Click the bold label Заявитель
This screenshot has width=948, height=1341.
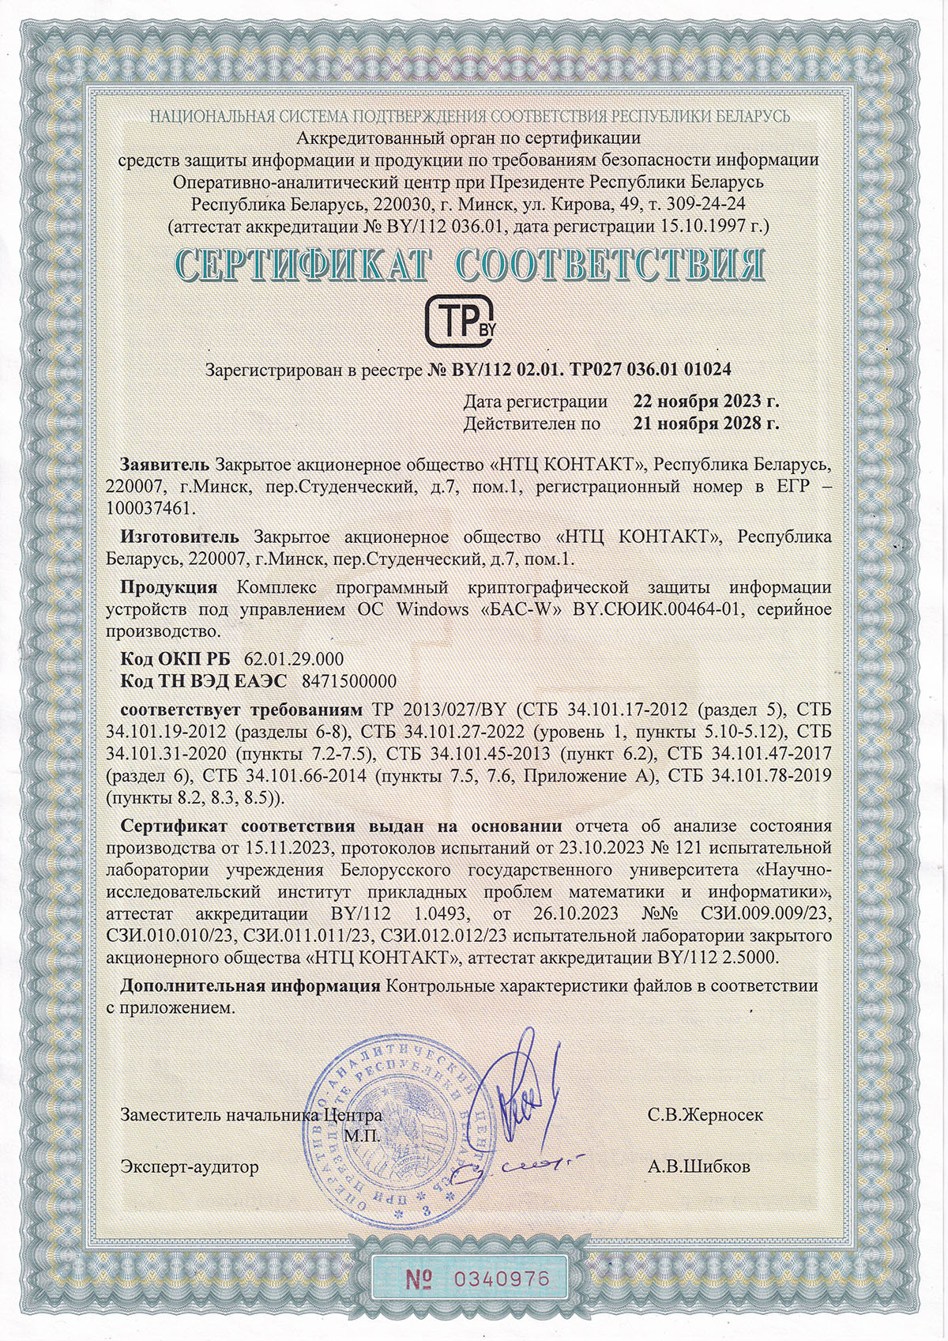click(164, 462)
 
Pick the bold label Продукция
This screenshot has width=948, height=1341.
click(169, 587)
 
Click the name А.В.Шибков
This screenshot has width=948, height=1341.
click(699, 1166)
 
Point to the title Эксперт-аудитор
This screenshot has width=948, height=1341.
click(189, 1166)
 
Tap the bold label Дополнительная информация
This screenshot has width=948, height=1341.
click(250, 986)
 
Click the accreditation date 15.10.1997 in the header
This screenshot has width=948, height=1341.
click(709, 227)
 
